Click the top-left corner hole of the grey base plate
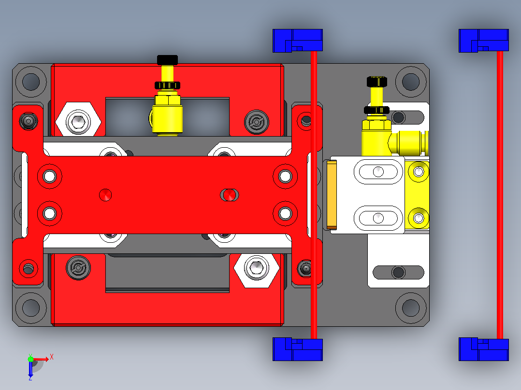31,82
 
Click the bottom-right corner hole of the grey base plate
411,307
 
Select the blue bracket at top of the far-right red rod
483,41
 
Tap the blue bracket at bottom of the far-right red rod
483,349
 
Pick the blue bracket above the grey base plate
297,41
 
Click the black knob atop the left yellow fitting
167,60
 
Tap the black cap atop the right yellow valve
377,81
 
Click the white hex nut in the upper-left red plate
78,121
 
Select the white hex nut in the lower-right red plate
256,267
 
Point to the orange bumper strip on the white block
332,195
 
